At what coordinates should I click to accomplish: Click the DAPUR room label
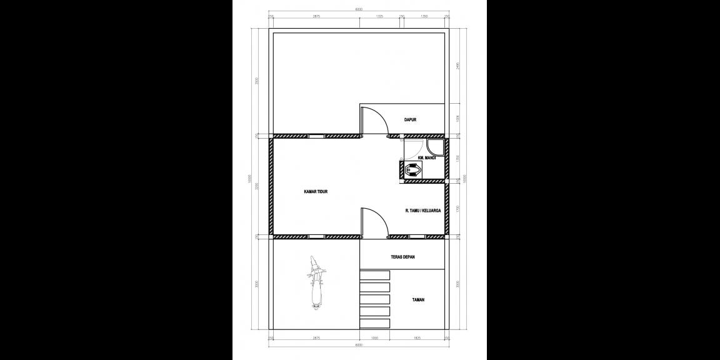(410, 119)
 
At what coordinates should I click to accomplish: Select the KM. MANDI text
(426, 157)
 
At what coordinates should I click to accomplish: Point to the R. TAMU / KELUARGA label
(423, 211)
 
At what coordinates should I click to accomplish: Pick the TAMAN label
(418, 300)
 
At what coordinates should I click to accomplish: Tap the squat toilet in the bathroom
(412, 169)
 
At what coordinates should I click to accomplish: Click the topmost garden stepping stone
(375, 276)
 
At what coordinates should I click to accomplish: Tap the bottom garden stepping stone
(375, 322)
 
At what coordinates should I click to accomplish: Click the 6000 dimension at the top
(359, 9)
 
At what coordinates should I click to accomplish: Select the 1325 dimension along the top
(379, 17)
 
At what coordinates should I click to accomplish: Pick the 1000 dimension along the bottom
(374, 337)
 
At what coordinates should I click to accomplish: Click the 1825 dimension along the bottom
(417, 337)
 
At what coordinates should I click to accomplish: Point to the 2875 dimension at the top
(316, 17)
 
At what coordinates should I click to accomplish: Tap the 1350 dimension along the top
(424, 17)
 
